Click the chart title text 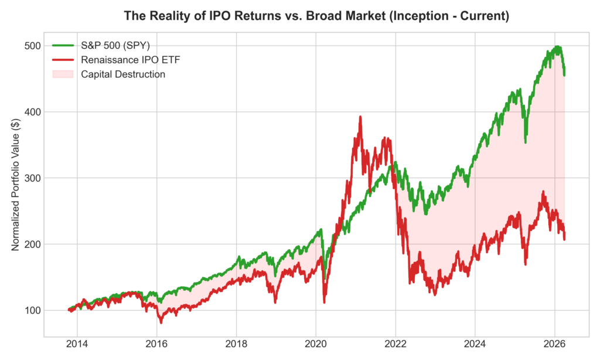click(316, 16)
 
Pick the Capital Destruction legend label click(123, 74)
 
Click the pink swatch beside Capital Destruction click(63, 74)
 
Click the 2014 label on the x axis click(77, 344)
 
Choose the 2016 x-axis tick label click(156, 344)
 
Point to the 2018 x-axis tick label click(236, 344)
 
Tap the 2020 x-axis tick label click(316, 344)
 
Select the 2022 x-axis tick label click(396, 344)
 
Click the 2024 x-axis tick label click(475, 344)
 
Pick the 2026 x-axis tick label click(555, 344)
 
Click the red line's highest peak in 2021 click(360, 117)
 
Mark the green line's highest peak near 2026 click(558, 47)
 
